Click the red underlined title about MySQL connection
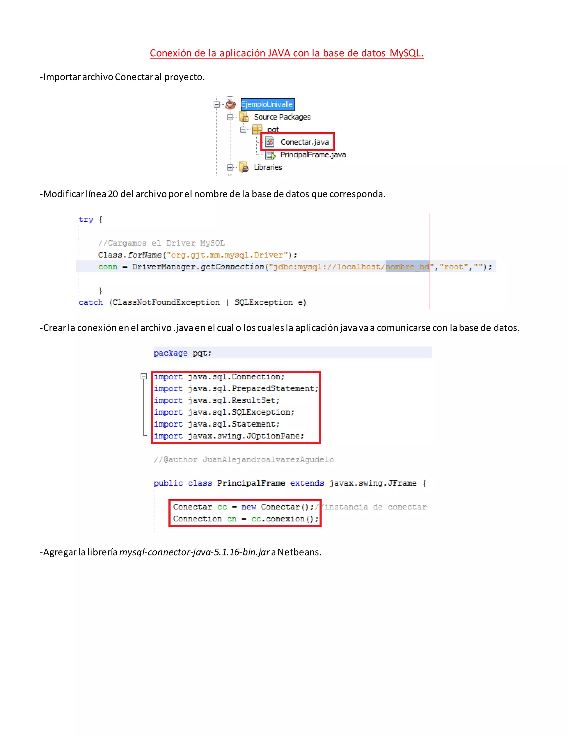[x=286, y=53]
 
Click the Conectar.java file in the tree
[x=304, y=142]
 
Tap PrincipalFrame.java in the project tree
[x=313, y=155]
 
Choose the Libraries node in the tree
[x=268, y=167]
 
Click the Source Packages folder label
[x=282, y=117]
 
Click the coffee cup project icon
[x=230, y=104]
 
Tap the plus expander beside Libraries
[x=230, y=167]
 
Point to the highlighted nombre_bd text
[x=407, y=267]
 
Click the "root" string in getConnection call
[x=453, y=267]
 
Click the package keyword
[x=170, y=353]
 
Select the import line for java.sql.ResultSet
[x=217, y=401]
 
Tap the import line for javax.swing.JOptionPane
[x=229, y=436]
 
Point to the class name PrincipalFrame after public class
[x=251, y=483]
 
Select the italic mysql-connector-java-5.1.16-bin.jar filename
[x=194, y=552]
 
